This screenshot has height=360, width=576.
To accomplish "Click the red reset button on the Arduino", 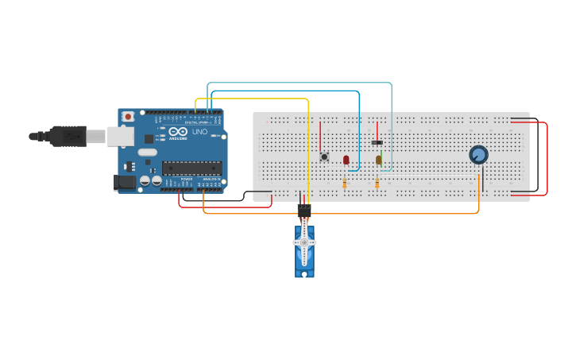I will pos(128,116).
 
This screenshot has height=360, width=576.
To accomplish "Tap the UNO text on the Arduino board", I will pos(199,132).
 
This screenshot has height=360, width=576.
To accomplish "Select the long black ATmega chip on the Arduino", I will pos(191,167).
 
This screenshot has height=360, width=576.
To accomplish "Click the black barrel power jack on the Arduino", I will pos(124,182).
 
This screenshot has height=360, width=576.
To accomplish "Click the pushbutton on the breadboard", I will pos(324,157).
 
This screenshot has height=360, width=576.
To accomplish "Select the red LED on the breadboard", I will pos(346,160).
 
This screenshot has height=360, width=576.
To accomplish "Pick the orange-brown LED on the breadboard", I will pos(378,160).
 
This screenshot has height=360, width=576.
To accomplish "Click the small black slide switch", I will pos(377,142).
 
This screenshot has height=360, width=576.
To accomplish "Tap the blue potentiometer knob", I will pos(478,154).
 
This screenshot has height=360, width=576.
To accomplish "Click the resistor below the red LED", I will pos(345,184).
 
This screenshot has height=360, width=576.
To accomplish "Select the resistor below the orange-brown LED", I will pos(377,184).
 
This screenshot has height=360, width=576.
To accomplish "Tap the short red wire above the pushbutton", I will pos(320,135).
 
